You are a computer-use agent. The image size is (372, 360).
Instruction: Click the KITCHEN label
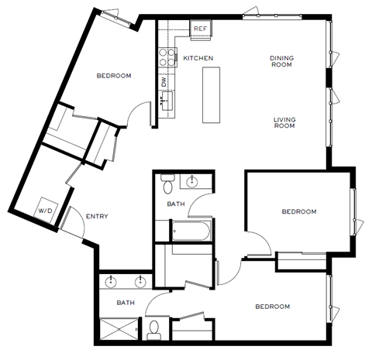click(198, 58)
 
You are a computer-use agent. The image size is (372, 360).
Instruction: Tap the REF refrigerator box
click(201, 29)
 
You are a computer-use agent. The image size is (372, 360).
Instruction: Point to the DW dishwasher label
click(164, 81)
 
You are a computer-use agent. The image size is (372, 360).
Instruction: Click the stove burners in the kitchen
click(166, 55)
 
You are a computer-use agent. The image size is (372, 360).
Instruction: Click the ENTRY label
click(97, 216)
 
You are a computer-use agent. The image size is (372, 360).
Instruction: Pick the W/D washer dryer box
click(45, 210)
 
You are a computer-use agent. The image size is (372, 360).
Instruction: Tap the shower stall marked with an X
click(119, 331)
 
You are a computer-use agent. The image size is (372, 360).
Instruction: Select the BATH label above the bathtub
click(176, 204)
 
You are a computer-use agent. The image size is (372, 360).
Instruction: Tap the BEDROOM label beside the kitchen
click(113, 76)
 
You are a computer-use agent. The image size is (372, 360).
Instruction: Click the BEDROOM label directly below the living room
click(299, 211)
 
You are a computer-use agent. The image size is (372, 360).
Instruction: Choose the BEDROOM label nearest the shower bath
click(272, 307)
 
